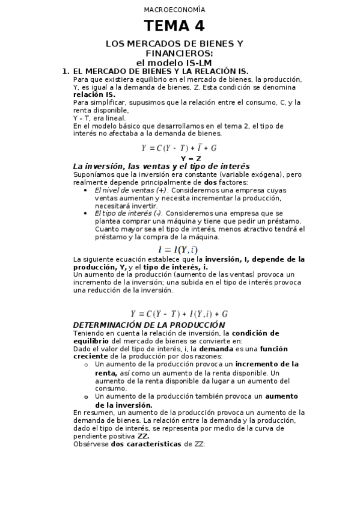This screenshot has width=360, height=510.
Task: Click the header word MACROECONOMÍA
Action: (x=174, y=10)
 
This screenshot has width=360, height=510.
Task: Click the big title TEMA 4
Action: (x=174, y=26)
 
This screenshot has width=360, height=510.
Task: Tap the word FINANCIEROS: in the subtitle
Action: (x=174, y=53)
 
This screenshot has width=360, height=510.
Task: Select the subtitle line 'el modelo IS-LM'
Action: (x=174, y=62)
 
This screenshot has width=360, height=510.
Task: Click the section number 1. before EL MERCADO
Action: (x=66, y=71)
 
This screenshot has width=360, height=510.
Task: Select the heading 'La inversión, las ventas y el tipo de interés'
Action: (x=161, y=167)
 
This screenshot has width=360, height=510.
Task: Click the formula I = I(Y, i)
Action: (x=178, y=250)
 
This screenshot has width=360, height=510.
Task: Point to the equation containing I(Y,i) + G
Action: (x=179, y=313)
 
